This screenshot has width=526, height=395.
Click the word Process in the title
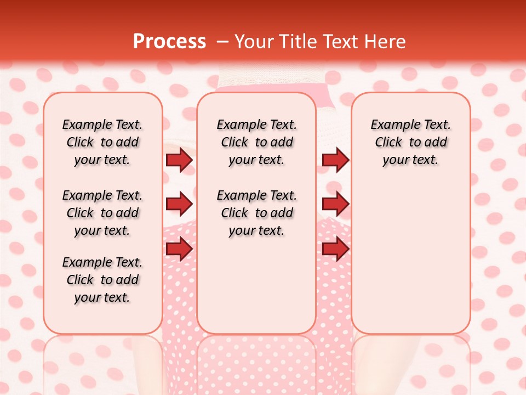169,41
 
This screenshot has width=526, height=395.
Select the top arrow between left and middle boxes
179,160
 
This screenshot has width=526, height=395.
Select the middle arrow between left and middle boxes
179,204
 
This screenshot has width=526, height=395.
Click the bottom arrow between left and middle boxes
179,249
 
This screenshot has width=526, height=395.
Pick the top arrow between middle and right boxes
335,160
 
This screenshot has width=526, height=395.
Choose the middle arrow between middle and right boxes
335,204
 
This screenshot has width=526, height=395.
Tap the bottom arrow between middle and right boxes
335,249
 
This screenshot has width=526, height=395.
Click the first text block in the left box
102,142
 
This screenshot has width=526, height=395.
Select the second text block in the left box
102,213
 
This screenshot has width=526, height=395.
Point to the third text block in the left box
102,280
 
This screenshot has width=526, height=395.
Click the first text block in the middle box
257,142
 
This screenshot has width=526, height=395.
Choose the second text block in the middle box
257,213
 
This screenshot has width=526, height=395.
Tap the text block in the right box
411,142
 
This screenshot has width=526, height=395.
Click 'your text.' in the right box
410,160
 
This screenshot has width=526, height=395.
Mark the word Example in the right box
391,125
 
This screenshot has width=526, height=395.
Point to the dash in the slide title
222,42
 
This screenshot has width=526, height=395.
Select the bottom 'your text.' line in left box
102,297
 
